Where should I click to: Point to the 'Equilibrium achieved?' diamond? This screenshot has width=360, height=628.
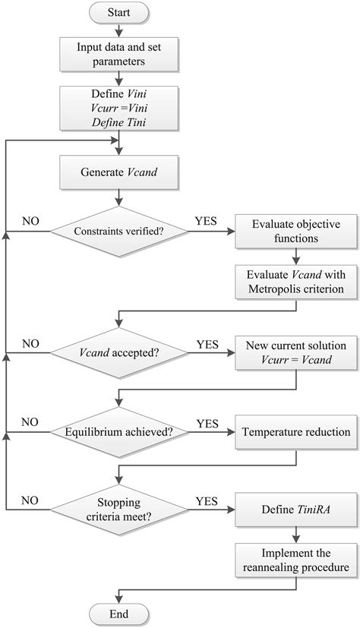(x=118, y=432)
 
